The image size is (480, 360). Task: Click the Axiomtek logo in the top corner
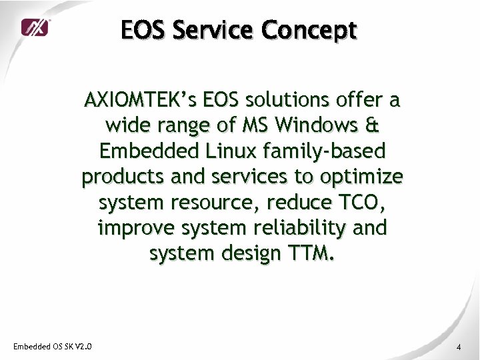click(35, 27)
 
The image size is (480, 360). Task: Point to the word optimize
click(367, 177)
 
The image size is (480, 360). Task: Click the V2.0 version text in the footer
click(83, 346)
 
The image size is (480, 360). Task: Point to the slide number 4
click(459, 347)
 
